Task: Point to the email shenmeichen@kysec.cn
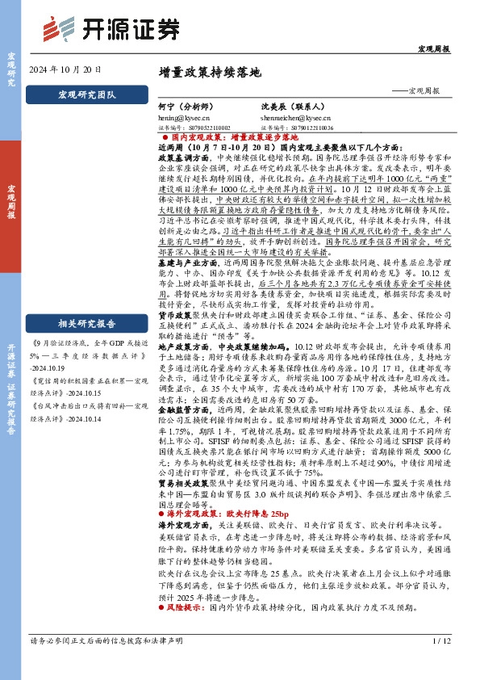(x=290, y=117)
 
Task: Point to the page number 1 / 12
(x=440, y=664)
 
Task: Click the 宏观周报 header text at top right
(x=433, y=50)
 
